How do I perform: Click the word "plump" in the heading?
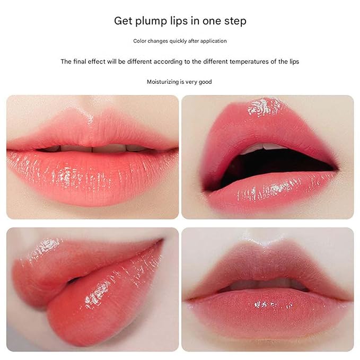(151, 22)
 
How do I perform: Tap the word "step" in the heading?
(235, 21)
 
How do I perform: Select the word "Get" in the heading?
(123, 21)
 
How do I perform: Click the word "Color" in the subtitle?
(139, 41)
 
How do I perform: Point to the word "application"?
(214, 41)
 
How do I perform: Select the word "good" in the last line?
(205, 82)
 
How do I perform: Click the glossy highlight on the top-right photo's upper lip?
(264, 107)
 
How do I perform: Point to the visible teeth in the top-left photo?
(92, 148)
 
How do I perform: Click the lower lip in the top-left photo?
(92, 177)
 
